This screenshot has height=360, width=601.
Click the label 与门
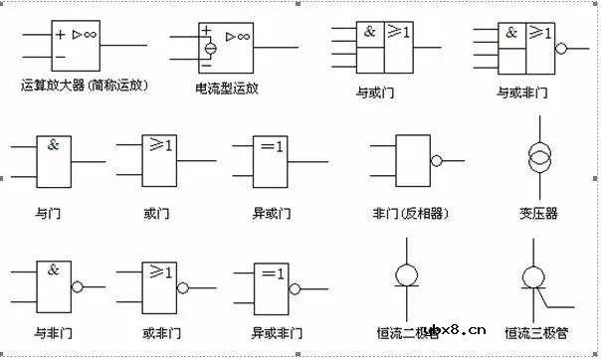pos(46,213)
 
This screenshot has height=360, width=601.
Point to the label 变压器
pos(538,213)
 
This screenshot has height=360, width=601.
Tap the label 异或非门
pos(271,332)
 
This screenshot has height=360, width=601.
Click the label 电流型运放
pos(227,88)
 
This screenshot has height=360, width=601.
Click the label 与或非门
pos(522,92)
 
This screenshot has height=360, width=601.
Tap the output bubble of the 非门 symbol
pos(436,160)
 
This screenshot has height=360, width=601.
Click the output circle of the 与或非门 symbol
pos(561,47)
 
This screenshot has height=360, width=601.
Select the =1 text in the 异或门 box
pos(272,147)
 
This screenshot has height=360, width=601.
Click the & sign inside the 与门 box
pos(53,145)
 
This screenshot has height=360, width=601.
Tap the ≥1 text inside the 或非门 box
pos(160,270)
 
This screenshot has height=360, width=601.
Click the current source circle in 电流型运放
pos(211,48)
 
